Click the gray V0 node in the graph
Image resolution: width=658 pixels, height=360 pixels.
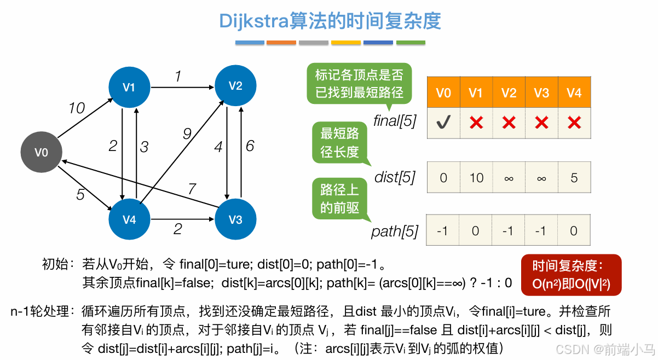point(41,153)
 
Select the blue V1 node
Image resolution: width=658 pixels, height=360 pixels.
point(129,87)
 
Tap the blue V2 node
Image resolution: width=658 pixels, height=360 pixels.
point(235,85)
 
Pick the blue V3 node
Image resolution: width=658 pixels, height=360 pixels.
point(235,219)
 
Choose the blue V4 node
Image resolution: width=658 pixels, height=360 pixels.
point(129,219)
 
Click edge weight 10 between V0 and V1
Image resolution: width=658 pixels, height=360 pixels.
point(77,108)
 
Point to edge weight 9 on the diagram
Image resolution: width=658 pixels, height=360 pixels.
point(187,133)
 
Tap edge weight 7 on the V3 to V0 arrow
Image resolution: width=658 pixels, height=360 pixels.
point(192,189)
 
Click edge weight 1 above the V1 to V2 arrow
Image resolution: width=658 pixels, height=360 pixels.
point(178,77)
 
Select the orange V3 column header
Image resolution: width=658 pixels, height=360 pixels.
point(541,93)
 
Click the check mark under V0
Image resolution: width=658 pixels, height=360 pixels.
point(443,123)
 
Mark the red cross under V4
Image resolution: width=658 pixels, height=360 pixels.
point(574,123)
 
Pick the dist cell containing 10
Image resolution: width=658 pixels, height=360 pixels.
point(476,177)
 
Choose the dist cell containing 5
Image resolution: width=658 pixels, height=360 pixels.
point(574,177)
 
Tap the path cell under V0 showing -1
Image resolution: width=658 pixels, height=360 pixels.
point(443,231)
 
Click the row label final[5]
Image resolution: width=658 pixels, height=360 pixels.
point(394,121)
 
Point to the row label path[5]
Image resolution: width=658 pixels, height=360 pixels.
point(394,231)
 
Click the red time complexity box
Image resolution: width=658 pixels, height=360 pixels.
point(571,275)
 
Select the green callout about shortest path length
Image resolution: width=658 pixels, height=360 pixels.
point(340,142)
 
